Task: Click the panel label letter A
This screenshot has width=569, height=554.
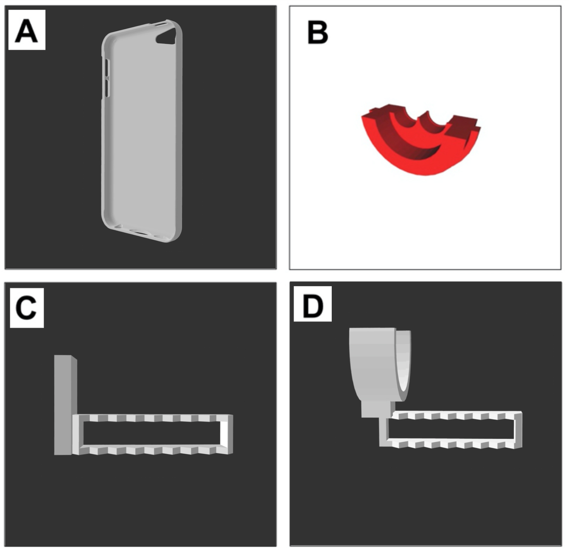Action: coord(27,31)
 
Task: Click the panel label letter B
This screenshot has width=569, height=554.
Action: coord(318,32)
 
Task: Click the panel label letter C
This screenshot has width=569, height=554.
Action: coord(26,308)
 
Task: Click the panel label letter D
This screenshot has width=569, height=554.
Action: coord(313,306)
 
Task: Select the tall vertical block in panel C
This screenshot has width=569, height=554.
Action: coord(65,405)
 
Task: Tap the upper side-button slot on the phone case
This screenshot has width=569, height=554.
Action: coord(107,67)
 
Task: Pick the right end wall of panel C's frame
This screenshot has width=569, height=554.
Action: coord(227,434)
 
